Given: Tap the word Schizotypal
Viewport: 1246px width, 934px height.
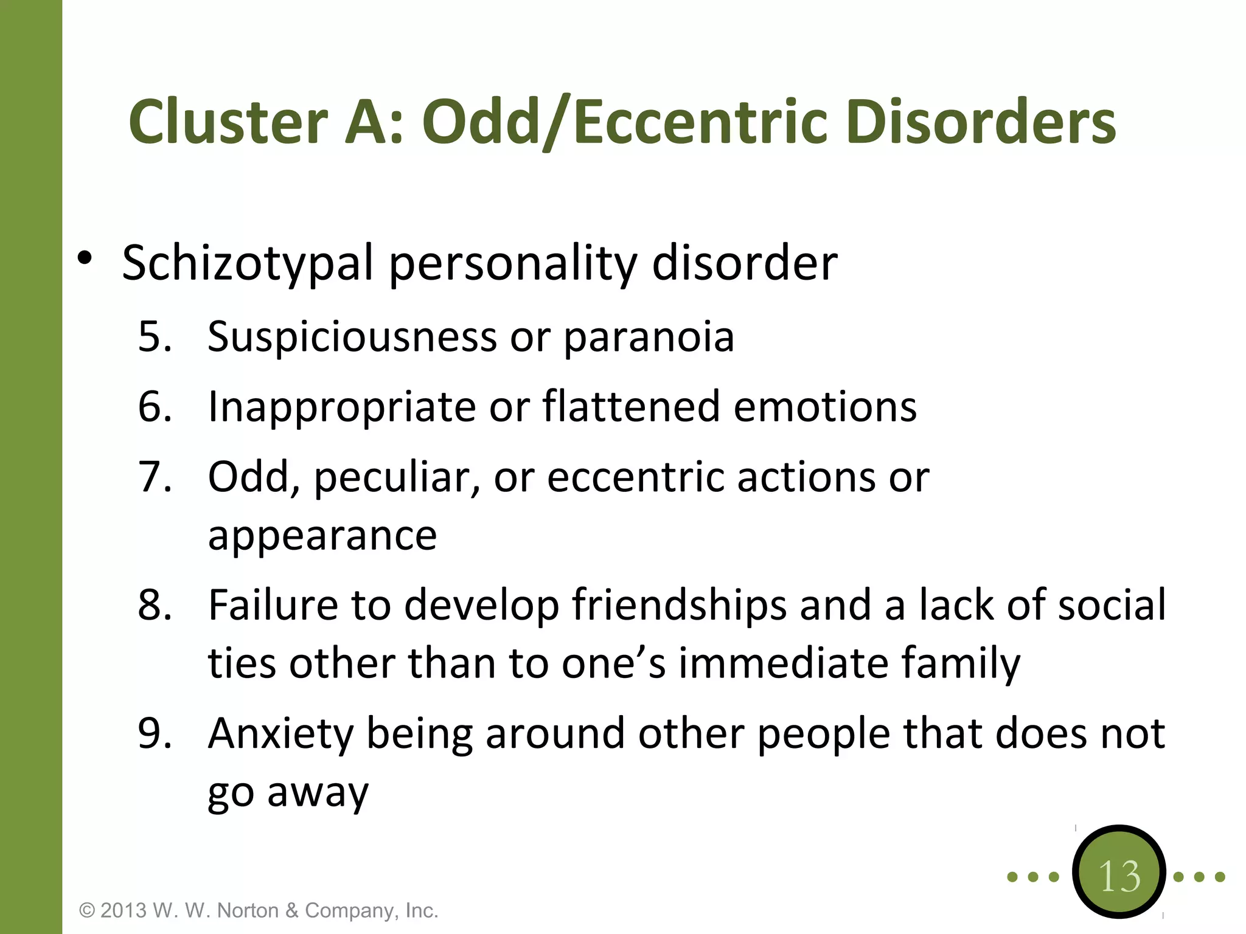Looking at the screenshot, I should pyautogui.click(x=248, y=263).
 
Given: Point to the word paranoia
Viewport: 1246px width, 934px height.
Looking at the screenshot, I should pyautogui.click(x=649, y=337).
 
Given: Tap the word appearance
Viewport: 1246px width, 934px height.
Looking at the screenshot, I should pyautogui.click(x=322, y=535).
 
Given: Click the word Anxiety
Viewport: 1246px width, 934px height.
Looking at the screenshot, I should pyautogui.click(x=280, y=733).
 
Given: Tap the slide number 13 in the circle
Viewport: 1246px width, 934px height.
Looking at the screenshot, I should pyautogui.click(x=1119, y=876).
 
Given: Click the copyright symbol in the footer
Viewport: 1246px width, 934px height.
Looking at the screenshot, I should pyautogui.click(x=88, y=911).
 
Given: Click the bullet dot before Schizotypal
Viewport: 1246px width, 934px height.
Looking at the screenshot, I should pyautogui.click(x=85, y=258).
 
